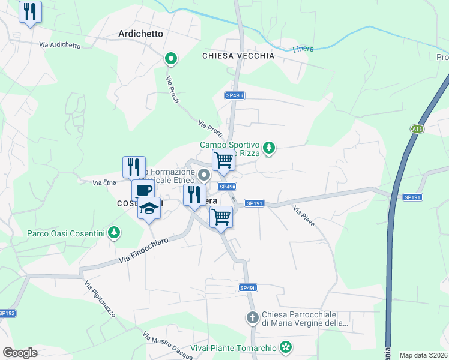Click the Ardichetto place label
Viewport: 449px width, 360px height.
pyautogui.click(x=141, y=34)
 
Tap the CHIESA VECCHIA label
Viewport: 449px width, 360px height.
pyautogui.click(x=238, y=56)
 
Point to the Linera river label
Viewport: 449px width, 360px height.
pyautogui.click(x=303, y=49)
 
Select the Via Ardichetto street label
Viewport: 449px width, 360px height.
pyautogui.click(x=59, y=44)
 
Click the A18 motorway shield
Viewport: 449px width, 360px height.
pyautogui.click(x=417, y=128)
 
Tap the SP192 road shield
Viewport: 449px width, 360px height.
pyautogui.click(x=7, y=313)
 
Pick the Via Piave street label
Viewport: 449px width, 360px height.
pyautogui.click(x=304, y=216)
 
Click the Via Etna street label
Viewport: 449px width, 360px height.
pyautogui.click(x=104, y=182)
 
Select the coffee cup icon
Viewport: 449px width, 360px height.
pyautogui.click(x=143, y=191)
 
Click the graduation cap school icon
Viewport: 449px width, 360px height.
pyautogui.click(x=149, y=208)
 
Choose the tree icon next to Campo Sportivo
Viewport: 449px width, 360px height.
pyautogui.click(x=269, y=147)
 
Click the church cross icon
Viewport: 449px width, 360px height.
pyautogui.click(x=253, y=317)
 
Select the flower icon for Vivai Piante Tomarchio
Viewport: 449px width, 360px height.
pyautogui.click(x=286, y=347)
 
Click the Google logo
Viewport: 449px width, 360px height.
pyautogui.click(x=20, y=352)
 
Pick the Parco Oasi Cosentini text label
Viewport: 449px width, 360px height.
pyautogui.click(x=65, y=233)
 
